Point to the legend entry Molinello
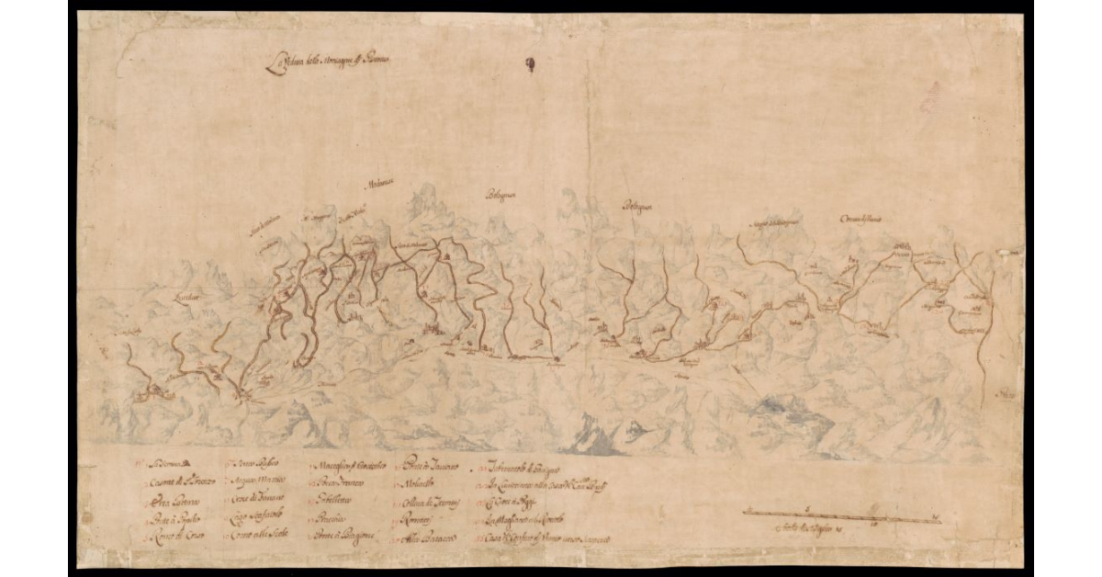tap(417, 484)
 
